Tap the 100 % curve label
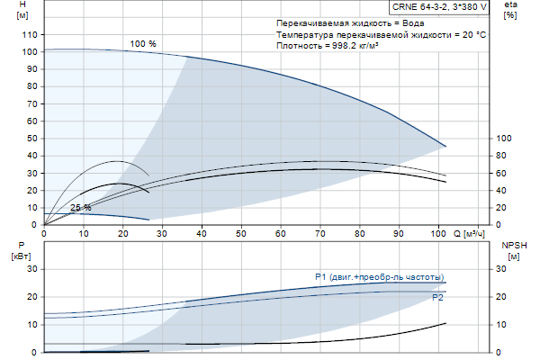point(143,44)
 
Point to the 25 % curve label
point(81,208)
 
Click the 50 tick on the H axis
point(30,139)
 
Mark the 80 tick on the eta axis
point(504,156)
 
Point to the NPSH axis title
point(511,244)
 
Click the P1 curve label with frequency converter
point(379,276)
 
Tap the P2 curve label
point(437,297)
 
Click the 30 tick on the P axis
point(30,269)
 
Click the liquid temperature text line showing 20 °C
point(382,33)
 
